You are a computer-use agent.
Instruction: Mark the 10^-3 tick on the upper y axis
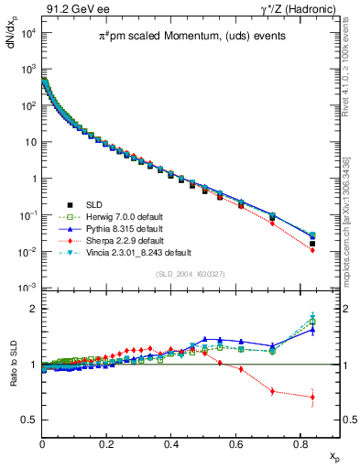27,288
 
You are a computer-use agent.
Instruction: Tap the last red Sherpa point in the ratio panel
312,398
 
